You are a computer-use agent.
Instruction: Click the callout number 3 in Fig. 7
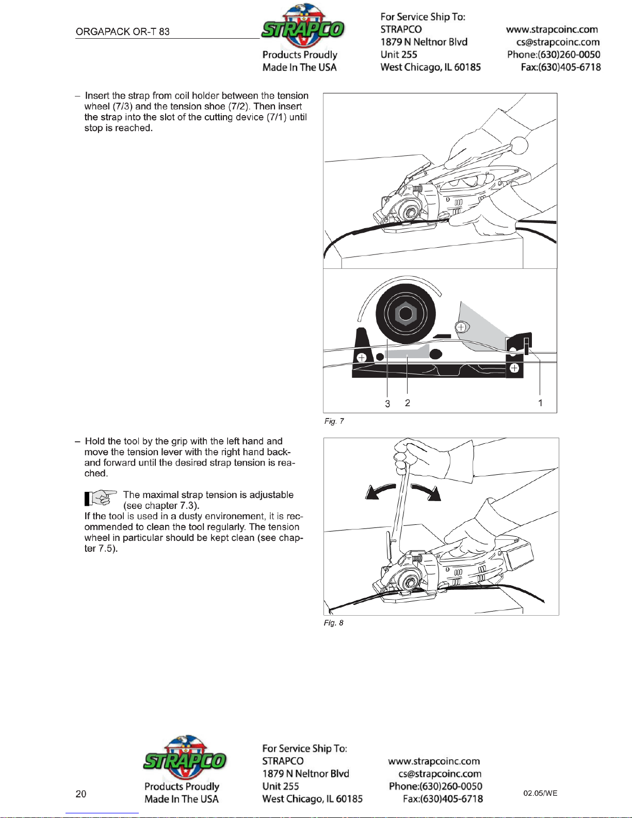tap(387, 404)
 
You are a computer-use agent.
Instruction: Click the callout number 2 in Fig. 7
tap(408, 403)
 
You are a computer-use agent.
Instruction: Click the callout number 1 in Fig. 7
tap(540, 403)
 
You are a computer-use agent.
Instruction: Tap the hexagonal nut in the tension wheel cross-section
tap(406, 313)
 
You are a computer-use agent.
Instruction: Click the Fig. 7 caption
tap(334, 421)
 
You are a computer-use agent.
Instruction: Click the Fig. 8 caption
tap(333, 623)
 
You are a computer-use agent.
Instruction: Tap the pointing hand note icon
tap(100, 498)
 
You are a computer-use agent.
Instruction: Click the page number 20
tap(81, 794)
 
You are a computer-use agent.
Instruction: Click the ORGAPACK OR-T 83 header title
tap(123, 31)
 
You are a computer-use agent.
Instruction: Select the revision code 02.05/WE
tap(540, 793)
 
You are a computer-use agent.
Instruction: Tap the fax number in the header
tap(561, 67)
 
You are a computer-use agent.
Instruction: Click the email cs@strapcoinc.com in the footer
tap(440, 774)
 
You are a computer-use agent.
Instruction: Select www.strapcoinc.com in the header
tap(552, 29)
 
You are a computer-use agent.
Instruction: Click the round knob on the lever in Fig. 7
tap(520, 146)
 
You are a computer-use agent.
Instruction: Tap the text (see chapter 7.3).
tap(161, 506)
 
